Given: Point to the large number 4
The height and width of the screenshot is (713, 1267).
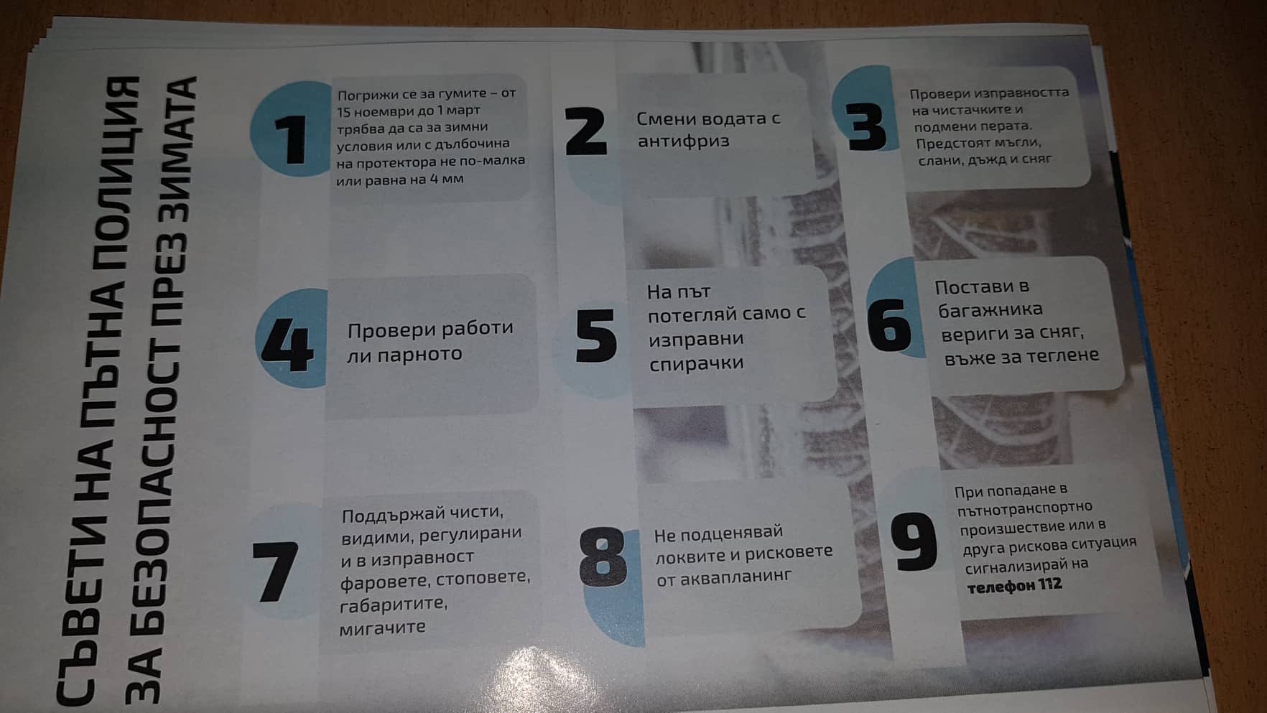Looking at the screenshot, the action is point(287,346).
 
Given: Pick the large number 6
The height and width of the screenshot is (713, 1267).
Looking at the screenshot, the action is point(889,325).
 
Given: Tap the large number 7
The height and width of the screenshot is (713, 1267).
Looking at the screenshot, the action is point(275,572).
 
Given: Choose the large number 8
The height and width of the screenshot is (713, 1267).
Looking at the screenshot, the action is point(603,557).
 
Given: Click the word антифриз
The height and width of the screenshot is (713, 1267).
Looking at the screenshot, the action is point(683,141).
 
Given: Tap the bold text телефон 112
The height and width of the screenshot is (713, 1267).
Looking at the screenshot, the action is point(1014,586).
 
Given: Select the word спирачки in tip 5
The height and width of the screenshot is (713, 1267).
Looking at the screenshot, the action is point(696,364).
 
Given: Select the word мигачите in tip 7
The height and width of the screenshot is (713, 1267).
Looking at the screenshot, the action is point(383,628).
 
